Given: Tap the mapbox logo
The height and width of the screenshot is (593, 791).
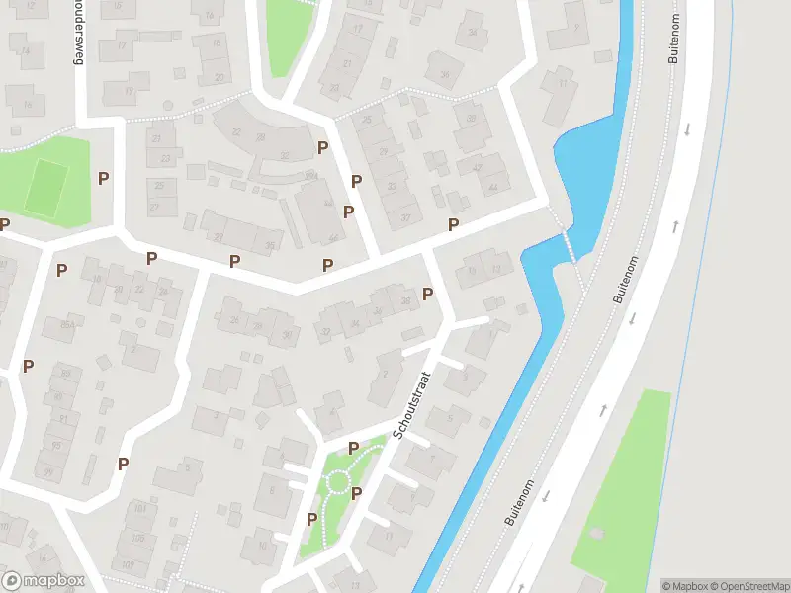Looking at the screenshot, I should point(44,581).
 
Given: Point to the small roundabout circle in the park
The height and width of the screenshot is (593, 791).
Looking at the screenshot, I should point(339,481).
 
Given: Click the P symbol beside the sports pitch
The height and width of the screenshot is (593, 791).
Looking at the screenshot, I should point(103,178).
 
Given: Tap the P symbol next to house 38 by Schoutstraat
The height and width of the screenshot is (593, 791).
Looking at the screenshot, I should point(428,294).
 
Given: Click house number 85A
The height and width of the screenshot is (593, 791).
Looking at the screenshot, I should point(68,324).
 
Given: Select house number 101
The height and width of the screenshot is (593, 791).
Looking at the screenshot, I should point(139,508).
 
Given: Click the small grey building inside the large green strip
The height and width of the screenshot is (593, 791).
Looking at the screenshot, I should point(596,533).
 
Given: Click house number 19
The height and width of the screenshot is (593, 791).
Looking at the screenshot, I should point(130,91).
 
